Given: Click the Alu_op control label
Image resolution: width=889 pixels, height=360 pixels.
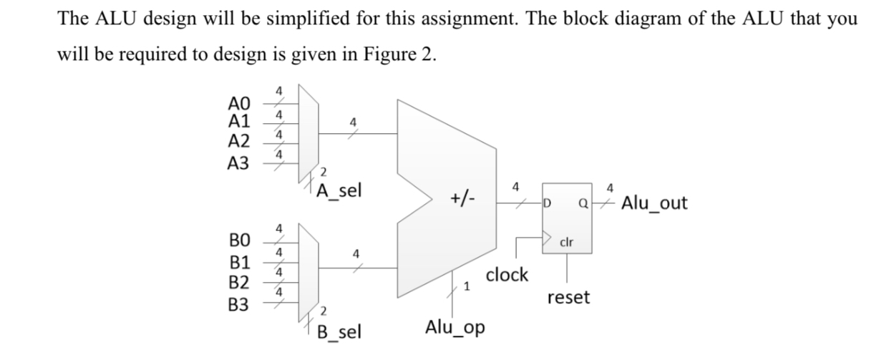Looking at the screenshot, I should click(455, 328).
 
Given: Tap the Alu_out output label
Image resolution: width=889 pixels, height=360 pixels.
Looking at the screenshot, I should click(654, 203).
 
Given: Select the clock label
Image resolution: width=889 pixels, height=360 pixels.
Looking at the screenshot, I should click(507, 274).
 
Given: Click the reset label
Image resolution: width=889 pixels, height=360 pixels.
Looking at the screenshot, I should click(568, 297).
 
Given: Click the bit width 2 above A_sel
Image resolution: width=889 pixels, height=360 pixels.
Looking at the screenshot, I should click(323, 172).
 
